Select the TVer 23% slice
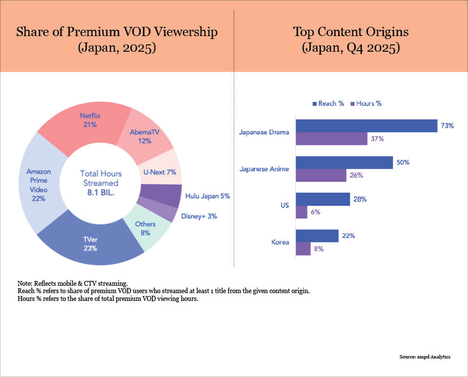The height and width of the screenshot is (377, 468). pyautogui.click(x=90, y=244)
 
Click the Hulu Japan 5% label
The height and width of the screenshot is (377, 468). pyautogui.click(x=207, y=196)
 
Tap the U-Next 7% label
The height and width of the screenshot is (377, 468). pyautogui.click(x=159, y=172)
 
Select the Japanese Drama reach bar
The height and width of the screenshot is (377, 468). pyautogui.click(x=366, y=126)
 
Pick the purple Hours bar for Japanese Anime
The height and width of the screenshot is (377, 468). pyautogui.click(x=321, y=175)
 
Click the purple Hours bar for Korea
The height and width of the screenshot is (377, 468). pyautogui.click(x=303, y=248)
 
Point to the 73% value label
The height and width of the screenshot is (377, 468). pyautogui.click(x=448, y=126)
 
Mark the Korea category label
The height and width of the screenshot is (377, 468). pyautogui.click(x=280, y=242)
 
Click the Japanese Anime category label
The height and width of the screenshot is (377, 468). pyautogui.click(x=265, y=169)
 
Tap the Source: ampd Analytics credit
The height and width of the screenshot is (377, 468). pyautogui.click(x=425, y=357)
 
